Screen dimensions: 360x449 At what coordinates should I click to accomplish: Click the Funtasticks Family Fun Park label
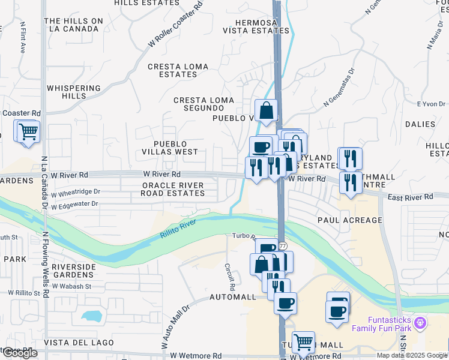tap(382, 324)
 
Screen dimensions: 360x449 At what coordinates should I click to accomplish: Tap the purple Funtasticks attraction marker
tap(421, 323)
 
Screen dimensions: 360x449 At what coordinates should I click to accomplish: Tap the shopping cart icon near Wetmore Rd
tap(303, 343)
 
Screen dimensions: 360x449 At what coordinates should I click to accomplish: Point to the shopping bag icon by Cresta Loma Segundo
tap(267, 110)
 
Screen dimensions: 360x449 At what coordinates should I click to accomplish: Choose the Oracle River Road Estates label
tap(172, 190)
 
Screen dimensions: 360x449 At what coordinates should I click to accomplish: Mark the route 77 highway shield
tap(282, 246)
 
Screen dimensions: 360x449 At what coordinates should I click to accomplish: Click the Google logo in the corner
tap(19, 353)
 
